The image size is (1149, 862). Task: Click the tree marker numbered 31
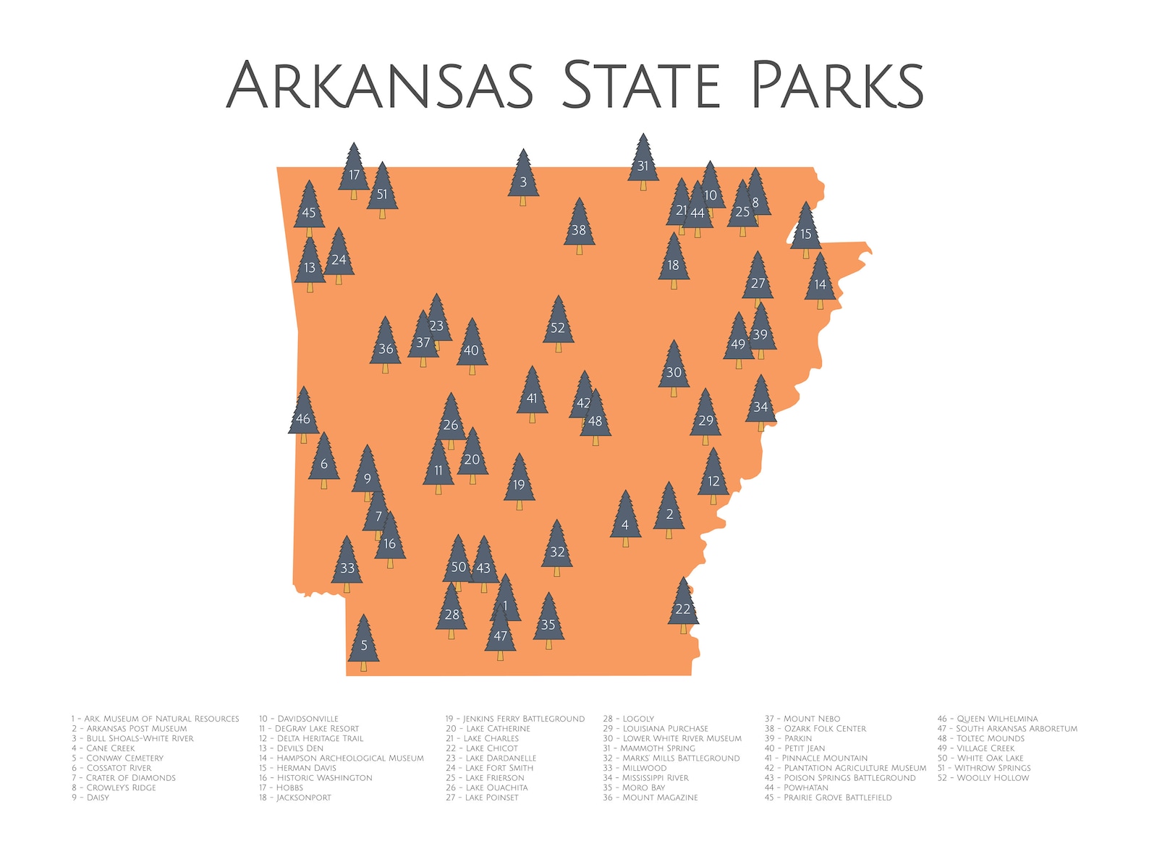pos(643,164)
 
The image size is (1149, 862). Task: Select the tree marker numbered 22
pos(683,607)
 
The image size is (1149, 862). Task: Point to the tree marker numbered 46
pos(303,416)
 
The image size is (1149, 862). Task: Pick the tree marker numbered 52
pos(558,325)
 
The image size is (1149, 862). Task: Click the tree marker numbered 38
pos(579,228)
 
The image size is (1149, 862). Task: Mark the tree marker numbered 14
pos(820,282)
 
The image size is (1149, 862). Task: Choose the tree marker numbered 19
pos(519,483)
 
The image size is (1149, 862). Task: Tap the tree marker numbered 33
pos(347,566)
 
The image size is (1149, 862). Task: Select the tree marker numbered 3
pos(523,179)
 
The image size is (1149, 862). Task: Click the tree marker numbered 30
pos(674,370)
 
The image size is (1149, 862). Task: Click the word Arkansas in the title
pos(381,85)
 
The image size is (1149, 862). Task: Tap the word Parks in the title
pos(836,85)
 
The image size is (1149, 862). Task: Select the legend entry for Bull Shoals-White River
pos(133,738)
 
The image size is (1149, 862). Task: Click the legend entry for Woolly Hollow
pos(983,778)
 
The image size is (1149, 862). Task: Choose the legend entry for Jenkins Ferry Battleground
pos(515,719)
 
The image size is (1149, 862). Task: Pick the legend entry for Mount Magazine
pos(650,798)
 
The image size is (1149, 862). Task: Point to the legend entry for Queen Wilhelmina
pos(988,719)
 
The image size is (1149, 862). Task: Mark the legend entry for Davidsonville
pos(299,719)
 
